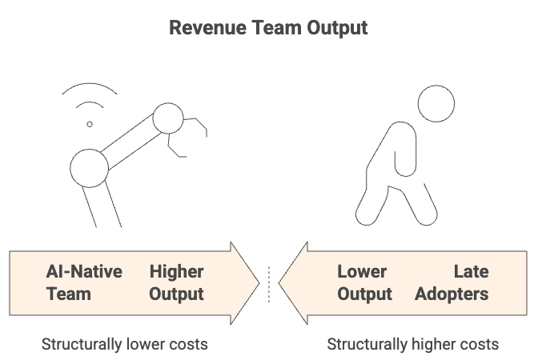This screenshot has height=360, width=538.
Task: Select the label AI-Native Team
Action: pyautogui.click(x=84, y=282)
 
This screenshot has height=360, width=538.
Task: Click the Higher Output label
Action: pyautogui.click(x=176, y=282)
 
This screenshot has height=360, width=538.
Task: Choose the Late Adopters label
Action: pyautogui.click(x=452, y=282)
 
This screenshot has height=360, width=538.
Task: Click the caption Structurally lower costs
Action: pyautogui.click(x=124, y=344)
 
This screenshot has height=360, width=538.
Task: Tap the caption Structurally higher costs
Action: pyautogui.click(x=412, y=344)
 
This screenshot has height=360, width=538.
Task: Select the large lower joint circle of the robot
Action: pyautogui.click(x=89, y=167)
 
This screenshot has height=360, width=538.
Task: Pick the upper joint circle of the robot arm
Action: pyautogui.click(x=168, y=119)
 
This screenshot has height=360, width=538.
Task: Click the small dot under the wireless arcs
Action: pyautogui.click(x=90, y=124)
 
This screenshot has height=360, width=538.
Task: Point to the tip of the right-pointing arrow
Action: pyautogui.click(x=258, y=282)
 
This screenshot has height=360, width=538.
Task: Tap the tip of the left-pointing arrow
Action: pyautogui.click(x=281, y=282)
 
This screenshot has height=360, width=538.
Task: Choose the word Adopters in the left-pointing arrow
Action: pyautogui.click(x=452, y=294)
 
